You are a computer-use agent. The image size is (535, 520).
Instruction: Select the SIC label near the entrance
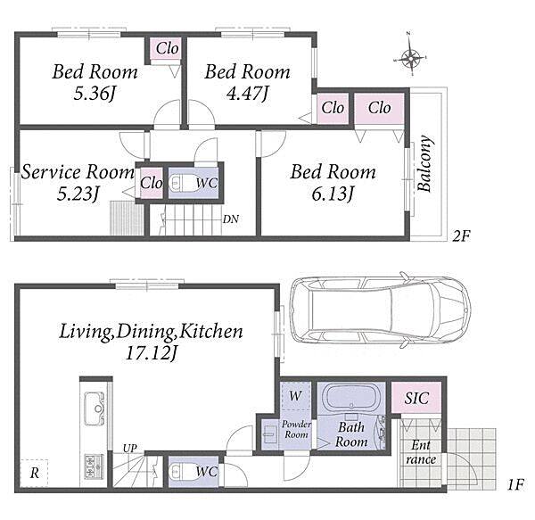point(416,398)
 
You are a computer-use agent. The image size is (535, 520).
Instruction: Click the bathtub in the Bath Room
point(351,398)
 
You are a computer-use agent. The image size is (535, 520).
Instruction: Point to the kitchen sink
point(94,409)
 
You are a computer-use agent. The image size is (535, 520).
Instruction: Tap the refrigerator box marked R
point(34,474)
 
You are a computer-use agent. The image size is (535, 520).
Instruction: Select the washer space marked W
point(295,396)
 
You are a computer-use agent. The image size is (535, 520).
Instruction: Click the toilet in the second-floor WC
point(182,183)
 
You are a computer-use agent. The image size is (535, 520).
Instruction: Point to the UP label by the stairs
point(129,448)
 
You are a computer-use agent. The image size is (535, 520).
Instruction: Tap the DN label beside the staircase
point(231,219)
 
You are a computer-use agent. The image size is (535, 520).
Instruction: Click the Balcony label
point(425,163)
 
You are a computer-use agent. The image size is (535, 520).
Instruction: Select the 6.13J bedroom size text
point(333,194)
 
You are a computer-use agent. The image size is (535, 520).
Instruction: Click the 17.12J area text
point(152,353)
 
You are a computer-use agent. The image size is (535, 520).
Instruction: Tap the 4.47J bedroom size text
point(248,93)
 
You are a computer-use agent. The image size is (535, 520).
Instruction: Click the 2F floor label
point(461,235)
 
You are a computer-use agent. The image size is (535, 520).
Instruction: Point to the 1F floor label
point(515,484)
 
